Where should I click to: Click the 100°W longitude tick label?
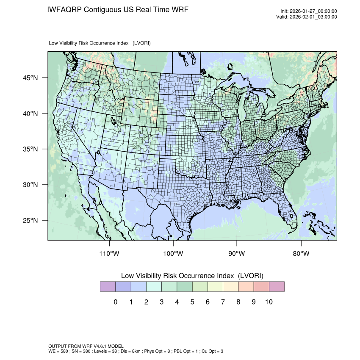click(x=173, y=254)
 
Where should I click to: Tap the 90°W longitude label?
click(x=237, y=254)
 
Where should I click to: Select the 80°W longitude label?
click(x=301, y=254)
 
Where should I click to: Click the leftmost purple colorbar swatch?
click(x=108, y=287)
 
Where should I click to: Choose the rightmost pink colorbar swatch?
click(x=277, y=287)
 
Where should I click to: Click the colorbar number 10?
click(x=269, y=302)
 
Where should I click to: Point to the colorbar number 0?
click(x=115, y=302)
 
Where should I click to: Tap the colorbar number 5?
click(x=192, y=302)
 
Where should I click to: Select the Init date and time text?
click(x=309, y=11)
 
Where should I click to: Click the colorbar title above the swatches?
click(x=192, y=276)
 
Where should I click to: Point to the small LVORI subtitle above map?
click(x=100, y=43)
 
